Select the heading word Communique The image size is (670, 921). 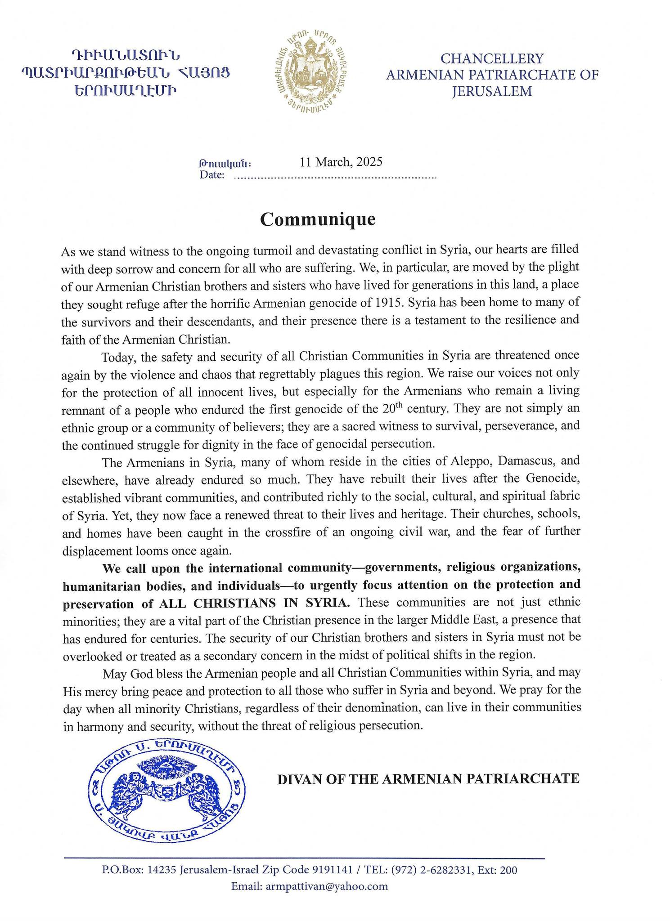(317, 219)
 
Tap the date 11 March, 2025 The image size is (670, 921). (341, 162)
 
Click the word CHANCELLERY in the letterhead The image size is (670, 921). (492, 58)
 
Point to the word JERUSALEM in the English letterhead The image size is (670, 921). (492, 92)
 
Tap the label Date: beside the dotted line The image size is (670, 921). (212, 175)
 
